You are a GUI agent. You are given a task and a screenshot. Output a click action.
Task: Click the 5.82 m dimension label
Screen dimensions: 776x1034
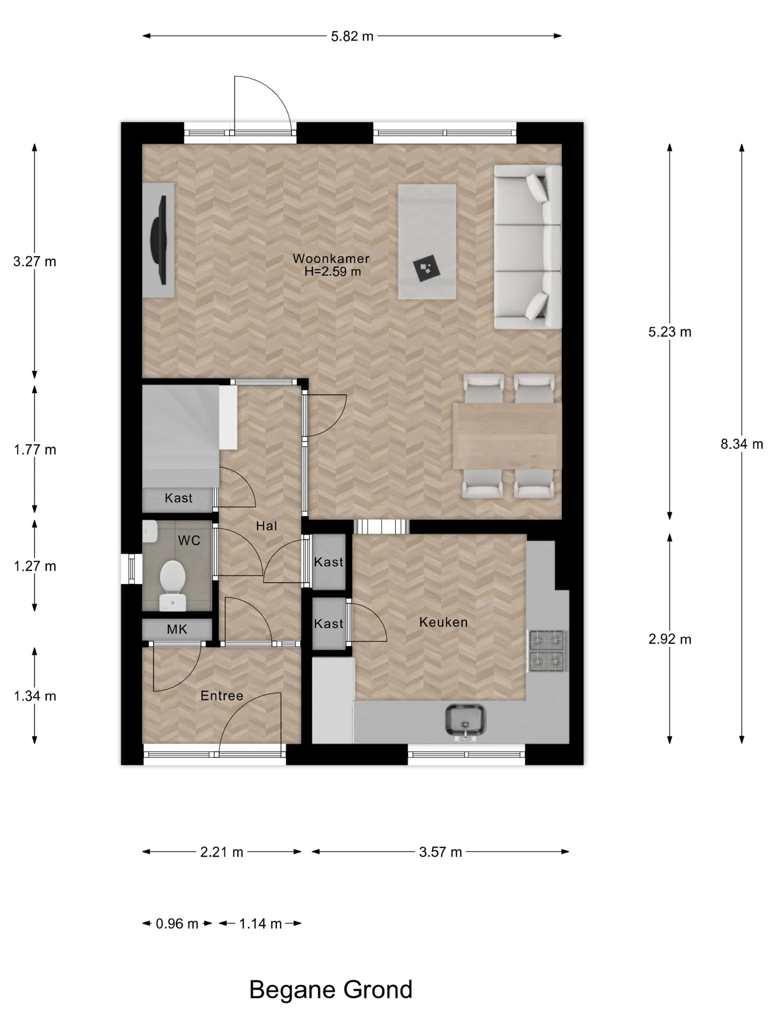(352, 36)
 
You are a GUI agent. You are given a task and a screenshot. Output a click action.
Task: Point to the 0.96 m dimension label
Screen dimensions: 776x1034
(177, 924)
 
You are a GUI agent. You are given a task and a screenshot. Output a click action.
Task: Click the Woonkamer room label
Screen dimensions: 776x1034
(331, 258)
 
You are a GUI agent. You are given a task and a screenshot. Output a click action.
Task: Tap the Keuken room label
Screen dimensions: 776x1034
(443, 622)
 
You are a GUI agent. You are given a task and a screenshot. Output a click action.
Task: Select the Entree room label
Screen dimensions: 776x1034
(222, 696)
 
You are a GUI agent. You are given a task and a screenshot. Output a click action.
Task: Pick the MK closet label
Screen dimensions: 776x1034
(177, 630)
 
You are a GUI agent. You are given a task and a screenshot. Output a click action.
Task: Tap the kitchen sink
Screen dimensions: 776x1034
(465, 720)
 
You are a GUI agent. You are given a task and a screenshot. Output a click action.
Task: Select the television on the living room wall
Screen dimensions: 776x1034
(159, 240)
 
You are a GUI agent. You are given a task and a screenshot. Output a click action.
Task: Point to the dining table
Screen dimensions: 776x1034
(507, 436)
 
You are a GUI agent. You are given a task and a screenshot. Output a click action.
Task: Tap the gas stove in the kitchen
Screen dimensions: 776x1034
(547, 651)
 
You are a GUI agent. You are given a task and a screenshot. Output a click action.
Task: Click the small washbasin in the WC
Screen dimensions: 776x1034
(150, 531)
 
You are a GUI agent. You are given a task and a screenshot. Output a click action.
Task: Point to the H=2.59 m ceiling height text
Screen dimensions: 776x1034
(333, 271)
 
